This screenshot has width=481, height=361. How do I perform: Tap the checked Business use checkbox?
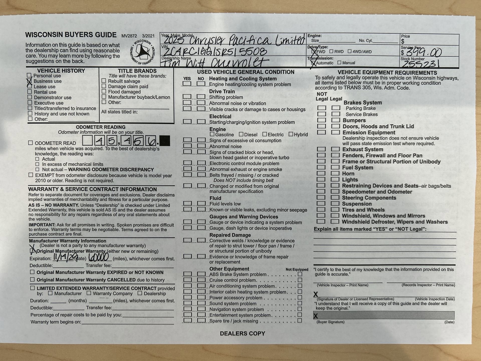coord(30,81)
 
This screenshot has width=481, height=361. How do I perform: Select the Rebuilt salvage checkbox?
coord(104,81)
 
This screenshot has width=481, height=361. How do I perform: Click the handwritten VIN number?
coord(215,51)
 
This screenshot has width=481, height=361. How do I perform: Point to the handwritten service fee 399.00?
coord(423,52)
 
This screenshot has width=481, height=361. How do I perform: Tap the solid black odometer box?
coord(165,141)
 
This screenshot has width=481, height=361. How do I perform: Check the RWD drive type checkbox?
coord(331,51)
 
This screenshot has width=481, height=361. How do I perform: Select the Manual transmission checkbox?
coord(339,63)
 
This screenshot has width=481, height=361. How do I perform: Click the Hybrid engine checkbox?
coord(291,134)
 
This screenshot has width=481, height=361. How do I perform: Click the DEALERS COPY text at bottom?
coord(242,333)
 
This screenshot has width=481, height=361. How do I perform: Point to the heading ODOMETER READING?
coord(101,127)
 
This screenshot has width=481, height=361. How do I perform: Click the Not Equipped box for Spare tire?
coord(300,320)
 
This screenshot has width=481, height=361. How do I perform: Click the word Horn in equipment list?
coord(348,173)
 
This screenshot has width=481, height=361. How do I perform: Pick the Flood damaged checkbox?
coord(104,92)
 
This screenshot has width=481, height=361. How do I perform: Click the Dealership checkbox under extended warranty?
coord(140,293)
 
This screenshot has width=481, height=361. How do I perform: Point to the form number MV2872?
coord(129,36)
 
